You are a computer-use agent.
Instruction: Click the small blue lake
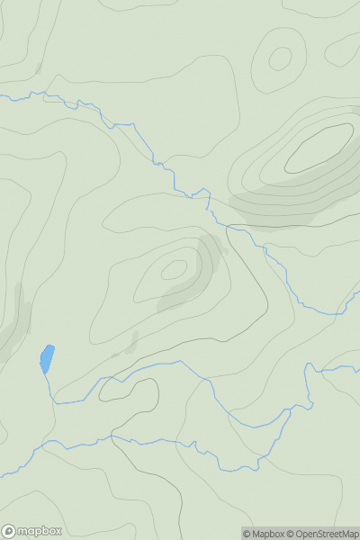[x=47, y=359]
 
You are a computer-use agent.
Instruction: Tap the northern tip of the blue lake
[x=51, y=346]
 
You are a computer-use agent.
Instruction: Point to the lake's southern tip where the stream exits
[x=43, y=373]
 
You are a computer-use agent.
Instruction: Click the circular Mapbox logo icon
[x=10, y=531]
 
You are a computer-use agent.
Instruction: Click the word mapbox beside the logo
[x=42, y=531]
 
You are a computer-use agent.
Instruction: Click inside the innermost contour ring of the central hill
[x=174, y=268]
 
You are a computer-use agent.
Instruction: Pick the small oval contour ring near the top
[x=280, y=59]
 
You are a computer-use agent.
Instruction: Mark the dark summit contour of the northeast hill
[x=319, y=148]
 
